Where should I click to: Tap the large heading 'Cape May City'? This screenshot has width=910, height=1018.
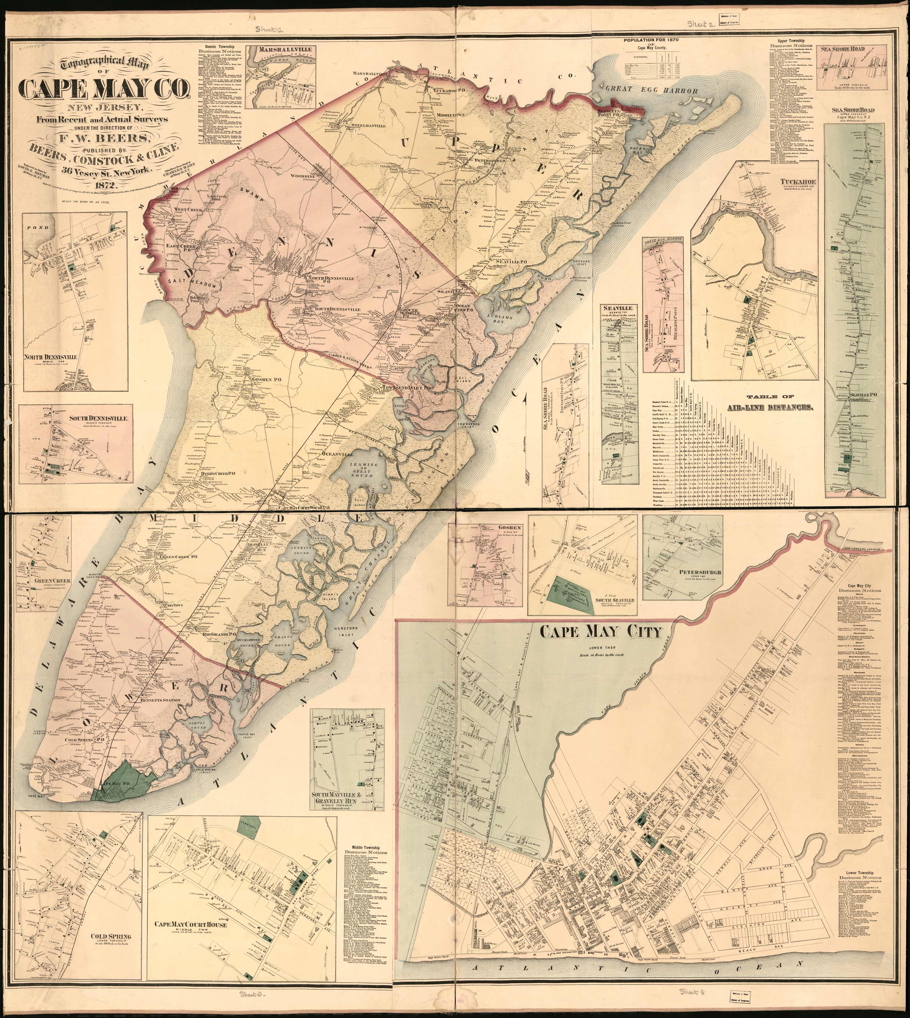[601, 633]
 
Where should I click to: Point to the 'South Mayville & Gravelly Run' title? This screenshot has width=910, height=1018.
[343, 799]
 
